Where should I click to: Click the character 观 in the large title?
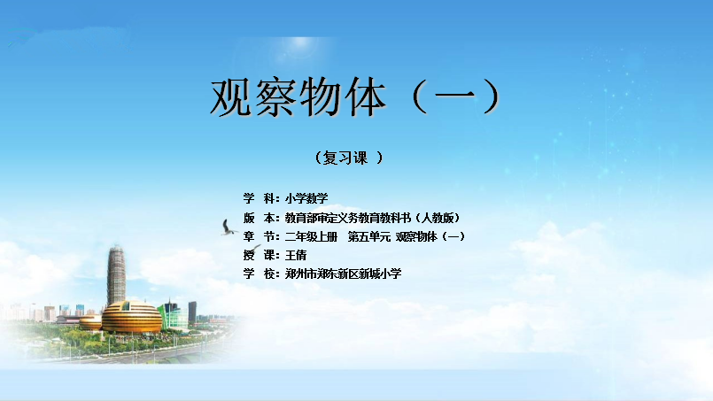pyautogui.click(x=231, y=97)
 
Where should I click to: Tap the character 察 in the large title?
pyautogui.click(x=275, y=97)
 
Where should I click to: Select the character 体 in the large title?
pyautogui.click(x=365, y=97)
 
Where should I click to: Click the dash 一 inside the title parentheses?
pyautogui.click(x=455, y=96)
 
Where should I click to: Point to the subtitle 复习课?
pyautogui.click(x=345, y=158)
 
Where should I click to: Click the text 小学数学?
pyautogui.click(x=306, y=198)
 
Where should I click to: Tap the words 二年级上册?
pyautogui.click(x=312, y=236)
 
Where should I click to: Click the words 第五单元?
pyautogui.click(x=369, y=236)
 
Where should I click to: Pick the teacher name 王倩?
pyautogui.click(x=296, y=255)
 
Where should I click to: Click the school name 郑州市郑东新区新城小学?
pyautogui.click(x=344, y=274)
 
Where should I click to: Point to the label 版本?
pyautogui.click(x=260, y=218)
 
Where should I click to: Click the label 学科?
pyautogui.click(x=260, y=198)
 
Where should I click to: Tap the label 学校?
pyautogui.click(x=260, y=274)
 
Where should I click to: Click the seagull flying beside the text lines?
pyautogui.click(x=229, y=227)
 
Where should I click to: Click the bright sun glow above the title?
pyautogui.click(x=299, y=42)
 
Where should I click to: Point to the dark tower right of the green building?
pyautogui.click(x=192, y=312)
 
